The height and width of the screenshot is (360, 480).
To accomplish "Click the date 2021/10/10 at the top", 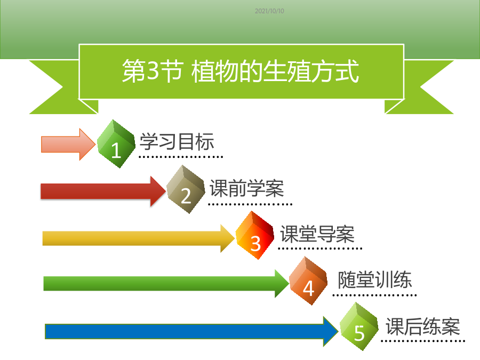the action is (269, 11).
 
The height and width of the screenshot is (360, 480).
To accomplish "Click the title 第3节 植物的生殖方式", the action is (241, 71).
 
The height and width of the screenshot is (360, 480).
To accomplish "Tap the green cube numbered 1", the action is (116, 143).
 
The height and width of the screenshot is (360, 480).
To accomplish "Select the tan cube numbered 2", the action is (186, 189).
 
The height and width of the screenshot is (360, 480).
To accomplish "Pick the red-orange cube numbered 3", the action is (255, 235).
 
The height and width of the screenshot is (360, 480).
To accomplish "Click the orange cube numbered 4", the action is (308, 281).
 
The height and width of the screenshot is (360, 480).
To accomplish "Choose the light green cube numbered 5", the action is (359, 326).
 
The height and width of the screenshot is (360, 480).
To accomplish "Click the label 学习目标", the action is (177, 142).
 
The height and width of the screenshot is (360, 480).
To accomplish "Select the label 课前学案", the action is (247, 188).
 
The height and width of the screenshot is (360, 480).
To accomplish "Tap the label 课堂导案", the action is (317, 234).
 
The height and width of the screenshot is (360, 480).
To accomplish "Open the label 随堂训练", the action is (375, 279).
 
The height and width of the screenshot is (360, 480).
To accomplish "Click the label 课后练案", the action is (423, 326).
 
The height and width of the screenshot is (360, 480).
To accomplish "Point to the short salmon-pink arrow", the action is (68, 145).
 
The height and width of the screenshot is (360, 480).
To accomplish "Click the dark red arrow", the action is (103, 191).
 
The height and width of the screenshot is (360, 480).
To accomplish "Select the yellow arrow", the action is (139, 238).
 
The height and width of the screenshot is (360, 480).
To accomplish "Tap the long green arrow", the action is (166, 284).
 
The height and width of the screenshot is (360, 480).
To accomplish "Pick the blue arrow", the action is (192, 331).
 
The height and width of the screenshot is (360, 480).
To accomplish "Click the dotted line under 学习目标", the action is (181, 157).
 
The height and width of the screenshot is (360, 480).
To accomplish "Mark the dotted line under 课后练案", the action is (423, 341).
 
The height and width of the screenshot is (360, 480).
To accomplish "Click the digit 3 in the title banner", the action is (153, 70).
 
